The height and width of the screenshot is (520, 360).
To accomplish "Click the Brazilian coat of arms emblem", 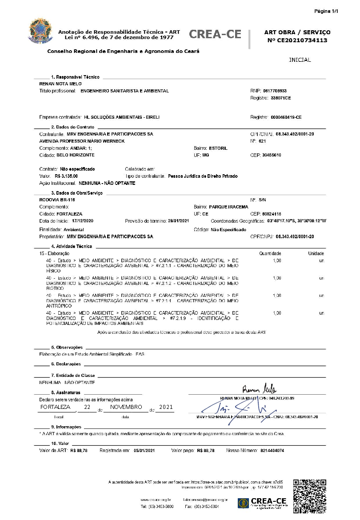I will tap(40, 31).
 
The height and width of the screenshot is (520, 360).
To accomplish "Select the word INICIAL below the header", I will tap(300, 60).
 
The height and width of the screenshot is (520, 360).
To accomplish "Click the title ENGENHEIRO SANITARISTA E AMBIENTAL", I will tap(124, 91).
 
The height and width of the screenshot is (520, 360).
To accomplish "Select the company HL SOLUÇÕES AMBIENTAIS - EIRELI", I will tap(121, 117).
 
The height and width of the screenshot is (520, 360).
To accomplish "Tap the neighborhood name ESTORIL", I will tap(218, 148).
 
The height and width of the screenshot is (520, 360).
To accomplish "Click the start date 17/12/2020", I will tap(83, 221).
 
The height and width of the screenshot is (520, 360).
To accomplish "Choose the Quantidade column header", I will tap(270, 253).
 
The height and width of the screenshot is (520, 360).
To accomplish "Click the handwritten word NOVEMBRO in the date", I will tap(126, 407).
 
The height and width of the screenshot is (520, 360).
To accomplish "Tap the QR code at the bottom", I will tap(310, 496).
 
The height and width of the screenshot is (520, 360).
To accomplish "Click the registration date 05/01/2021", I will tap(144, 451).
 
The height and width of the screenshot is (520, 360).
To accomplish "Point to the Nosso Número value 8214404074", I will tap(272, 451).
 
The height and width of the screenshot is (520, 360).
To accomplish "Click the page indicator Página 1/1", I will tap(326, 11).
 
